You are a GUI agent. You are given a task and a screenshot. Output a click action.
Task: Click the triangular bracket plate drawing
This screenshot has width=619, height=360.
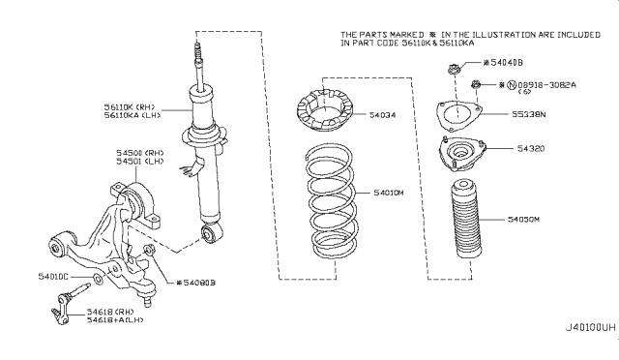459,114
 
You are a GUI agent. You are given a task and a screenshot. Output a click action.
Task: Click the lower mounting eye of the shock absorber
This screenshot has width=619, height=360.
210,233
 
